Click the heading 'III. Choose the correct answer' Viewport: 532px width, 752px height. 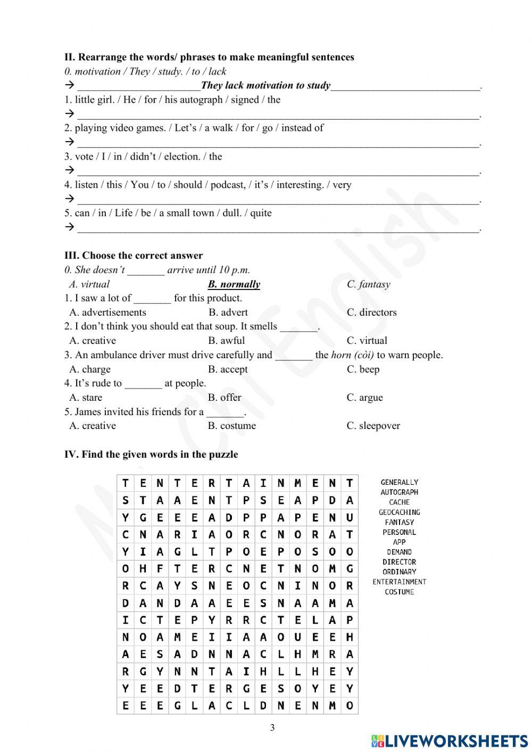tap(134, 255)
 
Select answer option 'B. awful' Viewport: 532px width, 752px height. tap(227, 341)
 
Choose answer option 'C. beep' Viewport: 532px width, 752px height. tap(363, 369)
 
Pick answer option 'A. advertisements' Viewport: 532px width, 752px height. tap(107, 312)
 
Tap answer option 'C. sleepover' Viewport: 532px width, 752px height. tap(373, 426)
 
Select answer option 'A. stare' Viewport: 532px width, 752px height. tap(86, 398)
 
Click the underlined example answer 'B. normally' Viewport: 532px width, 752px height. tap(234, 284)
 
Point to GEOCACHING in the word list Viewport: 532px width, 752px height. tap(399, 513)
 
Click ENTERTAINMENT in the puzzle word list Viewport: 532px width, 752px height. tap(399, 582)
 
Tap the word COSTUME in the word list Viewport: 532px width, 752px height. tap(399, 592)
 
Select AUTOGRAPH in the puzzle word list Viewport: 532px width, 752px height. tap(399, 492)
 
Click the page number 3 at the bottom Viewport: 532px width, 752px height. tap(272, 728)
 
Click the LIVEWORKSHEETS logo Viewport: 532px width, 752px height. tap(450, 740)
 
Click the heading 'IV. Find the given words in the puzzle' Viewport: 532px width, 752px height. tap(151, 454)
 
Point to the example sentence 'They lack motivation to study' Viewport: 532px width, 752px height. tap(265, 85)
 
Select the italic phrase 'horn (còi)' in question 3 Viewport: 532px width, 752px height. tap(352, 355)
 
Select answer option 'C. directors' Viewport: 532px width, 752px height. tap(371, 312)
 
